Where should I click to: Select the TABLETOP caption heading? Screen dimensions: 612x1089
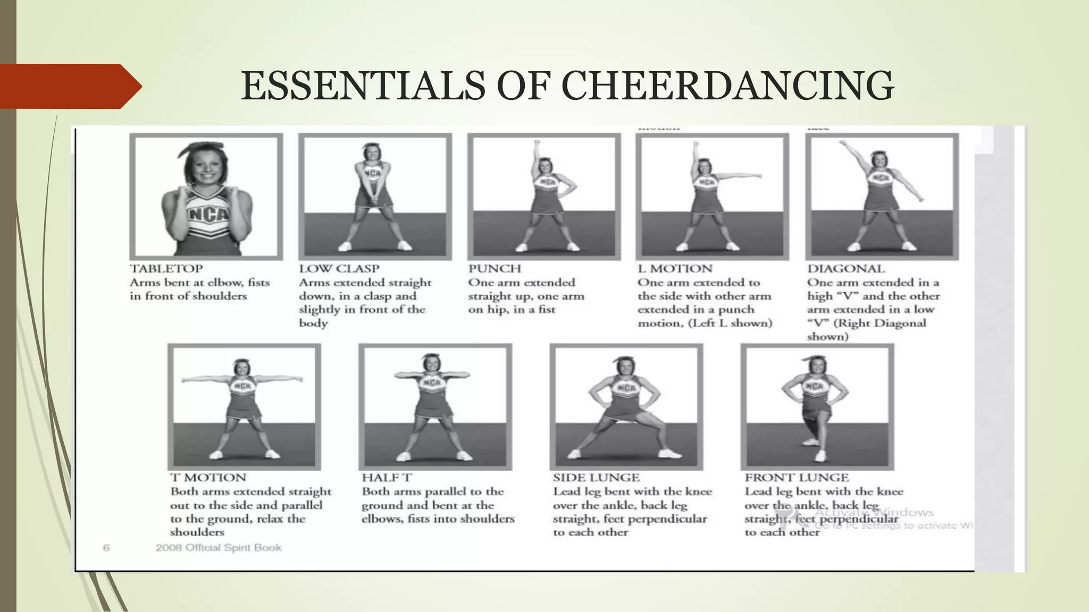click(166, 269)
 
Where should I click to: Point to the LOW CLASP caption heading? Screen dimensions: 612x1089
click(339, 269)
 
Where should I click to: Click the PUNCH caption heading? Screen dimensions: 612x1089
click(495, 269)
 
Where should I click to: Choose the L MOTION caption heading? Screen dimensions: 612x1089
click(675, 269)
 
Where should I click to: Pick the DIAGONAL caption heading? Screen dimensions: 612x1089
click(846, 269)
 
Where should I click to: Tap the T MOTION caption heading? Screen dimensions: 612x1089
click(208, 478)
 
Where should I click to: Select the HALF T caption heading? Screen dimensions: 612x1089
click(387, 478)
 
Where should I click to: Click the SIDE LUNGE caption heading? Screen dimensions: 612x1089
click(596, 478)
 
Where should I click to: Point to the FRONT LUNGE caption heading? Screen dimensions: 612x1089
click(797, 478)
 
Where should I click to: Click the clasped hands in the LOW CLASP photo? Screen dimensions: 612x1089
click(374, 200)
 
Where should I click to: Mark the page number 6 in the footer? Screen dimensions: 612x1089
click(106, 548)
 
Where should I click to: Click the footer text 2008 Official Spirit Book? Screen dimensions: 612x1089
click(219, 548)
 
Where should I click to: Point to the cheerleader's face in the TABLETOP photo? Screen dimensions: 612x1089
click(205, 164)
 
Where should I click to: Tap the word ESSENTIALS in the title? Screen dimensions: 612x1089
click(363, 86)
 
